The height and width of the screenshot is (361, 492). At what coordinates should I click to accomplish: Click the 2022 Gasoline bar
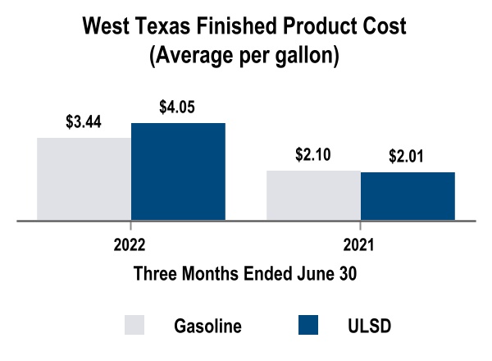point(84,178)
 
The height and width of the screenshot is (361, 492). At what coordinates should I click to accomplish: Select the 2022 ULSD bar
point(178,171)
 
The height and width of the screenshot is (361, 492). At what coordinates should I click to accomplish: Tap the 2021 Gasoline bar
point(313,194)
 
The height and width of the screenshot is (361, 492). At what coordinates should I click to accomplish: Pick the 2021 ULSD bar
point(408,195)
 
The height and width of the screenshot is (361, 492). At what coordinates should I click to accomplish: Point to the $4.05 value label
point(177,107)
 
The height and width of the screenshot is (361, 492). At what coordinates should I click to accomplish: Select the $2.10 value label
point(312,156)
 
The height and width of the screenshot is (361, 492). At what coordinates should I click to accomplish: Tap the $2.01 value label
point(407,157)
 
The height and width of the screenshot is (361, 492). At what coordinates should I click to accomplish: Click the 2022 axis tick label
point(130,244)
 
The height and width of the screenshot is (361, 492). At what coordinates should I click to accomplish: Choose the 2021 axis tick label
point(360,244)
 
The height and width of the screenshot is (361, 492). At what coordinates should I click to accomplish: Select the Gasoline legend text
point(207,326)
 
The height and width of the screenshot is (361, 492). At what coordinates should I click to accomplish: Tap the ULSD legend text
point(370,326)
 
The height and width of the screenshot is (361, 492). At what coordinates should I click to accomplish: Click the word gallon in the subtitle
point(308,58)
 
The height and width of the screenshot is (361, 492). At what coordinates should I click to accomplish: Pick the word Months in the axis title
point(201,274)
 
